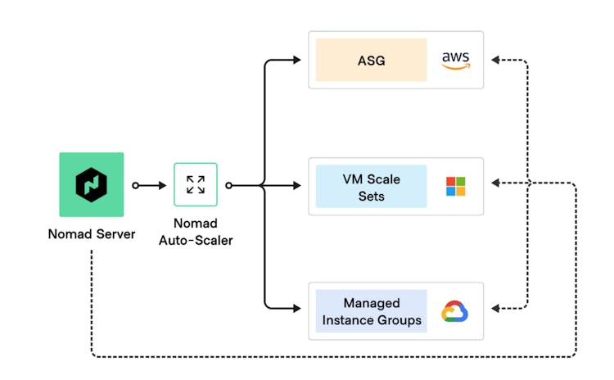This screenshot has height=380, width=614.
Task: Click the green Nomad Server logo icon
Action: tap(91, 185)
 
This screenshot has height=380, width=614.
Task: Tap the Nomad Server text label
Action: tap(91, 235)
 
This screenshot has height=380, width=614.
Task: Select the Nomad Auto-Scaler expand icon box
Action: tap(196, 184)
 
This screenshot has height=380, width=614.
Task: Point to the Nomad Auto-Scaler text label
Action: tap(196, 232)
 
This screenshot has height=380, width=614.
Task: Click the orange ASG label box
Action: tap(372, 60)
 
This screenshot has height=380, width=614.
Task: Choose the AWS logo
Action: tap(455, 60)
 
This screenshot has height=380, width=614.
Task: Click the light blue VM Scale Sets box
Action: tap(372, 186)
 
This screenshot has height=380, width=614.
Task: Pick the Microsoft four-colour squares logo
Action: tap(455, 186)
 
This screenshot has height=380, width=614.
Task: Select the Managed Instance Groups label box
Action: tap(372, 311)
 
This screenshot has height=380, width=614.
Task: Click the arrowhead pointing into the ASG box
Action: tap(297, 60)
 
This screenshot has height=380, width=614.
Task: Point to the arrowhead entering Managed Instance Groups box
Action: tap(297, 309)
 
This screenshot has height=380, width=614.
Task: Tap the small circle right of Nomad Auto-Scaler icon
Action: tap(228, 185)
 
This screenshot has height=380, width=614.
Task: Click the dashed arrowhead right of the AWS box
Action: tap(495, 60)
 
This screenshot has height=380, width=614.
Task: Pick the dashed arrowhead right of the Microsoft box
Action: tap(495, 183)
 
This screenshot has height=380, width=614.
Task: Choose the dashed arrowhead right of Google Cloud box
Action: tap(495, 309)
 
